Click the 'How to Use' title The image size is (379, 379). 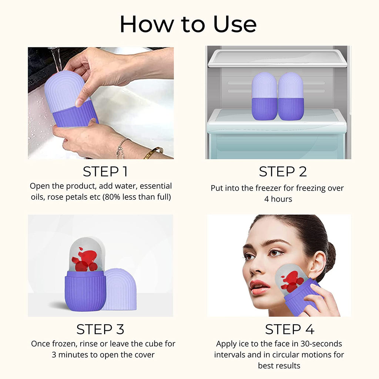tap(188, 24)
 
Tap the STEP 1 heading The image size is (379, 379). tap(105, 172)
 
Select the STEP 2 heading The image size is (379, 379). tap(283, 172)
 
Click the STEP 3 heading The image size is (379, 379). tap(100, 329)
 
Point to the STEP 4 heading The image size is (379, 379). tap(289, 329)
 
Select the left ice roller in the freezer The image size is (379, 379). tap(264, 96)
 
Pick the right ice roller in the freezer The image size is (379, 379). tap(291, 96)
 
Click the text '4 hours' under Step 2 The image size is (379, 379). tap(278, 199)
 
